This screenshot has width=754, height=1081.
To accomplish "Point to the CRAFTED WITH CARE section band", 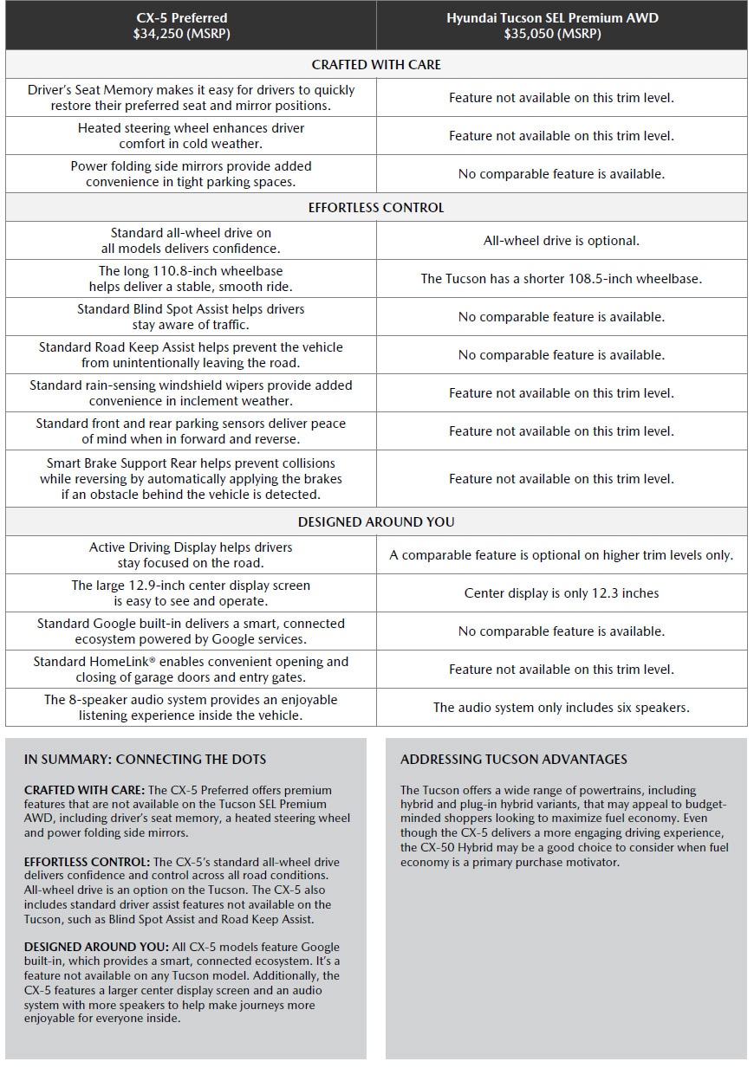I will click(376, 65).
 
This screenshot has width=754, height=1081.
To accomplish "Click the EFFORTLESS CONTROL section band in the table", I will click(376, 208).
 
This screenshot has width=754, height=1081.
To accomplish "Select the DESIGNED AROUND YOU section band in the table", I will click(376, 522).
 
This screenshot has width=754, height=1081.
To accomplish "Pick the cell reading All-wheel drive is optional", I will click(561, 241).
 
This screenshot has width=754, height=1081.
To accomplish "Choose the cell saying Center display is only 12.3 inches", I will click(561, 593).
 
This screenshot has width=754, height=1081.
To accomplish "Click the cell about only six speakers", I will click(561, 708).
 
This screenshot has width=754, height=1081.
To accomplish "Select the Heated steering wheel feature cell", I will click(191, 136).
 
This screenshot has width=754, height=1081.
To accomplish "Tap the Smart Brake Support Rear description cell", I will click(191, 479).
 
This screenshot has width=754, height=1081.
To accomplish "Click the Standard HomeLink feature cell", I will click(191, 670).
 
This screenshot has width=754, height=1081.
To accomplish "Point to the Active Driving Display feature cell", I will click(191, 555).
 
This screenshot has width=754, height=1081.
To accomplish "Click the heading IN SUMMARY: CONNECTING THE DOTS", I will click(145, 760).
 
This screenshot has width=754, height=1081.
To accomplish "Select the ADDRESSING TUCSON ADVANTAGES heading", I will click(513, 760).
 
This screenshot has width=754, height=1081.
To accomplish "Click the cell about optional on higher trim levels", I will click(561, 555).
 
